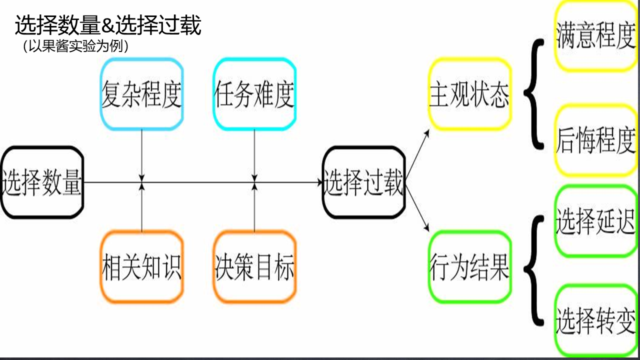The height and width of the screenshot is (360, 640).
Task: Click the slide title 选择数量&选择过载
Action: coord(108,25)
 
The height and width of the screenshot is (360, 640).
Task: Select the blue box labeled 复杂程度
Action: coord(141,93)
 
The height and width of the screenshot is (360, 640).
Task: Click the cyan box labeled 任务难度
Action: coord(254,93)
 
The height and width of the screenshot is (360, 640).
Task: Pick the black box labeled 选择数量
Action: coord(42,182)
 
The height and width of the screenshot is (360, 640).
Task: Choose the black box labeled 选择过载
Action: coord(363,182)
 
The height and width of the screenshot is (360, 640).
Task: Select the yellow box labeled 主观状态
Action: coord(469,94)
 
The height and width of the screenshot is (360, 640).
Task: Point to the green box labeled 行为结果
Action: coord(469,266)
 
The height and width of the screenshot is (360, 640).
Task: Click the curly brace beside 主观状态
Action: coord(534,94)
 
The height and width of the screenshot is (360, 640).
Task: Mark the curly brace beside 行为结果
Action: coord(534,270)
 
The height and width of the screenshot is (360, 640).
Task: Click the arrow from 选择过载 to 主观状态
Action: coord(417,155)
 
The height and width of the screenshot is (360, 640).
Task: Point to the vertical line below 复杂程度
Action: coord(142,152)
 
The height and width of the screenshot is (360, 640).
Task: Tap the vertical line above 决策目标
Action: coord(254,210)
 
